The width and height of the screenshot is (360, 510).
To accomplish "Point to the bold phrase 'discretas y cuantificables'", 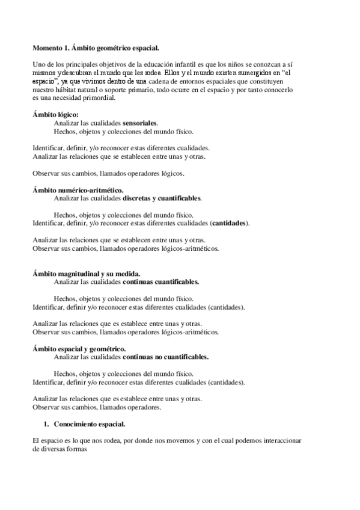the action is [x=162, y=198].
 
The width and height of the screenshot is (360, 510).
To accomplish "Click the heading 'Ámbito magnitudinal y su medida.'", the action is [x=87, y=273].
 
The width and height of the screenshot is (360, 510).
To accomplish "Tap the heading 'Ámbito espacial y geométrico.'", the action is [x=79, y=348].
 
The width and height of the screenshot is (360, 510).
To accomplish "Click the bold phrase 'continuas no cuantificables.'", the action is [x=165, y=357].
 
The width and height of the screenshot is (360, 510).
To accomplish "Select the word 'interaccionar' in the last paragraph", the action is [x=279, y=441].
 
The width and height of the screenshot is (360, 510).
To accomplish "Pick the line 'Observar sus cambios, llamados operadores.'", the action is [x=97, y=407].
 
